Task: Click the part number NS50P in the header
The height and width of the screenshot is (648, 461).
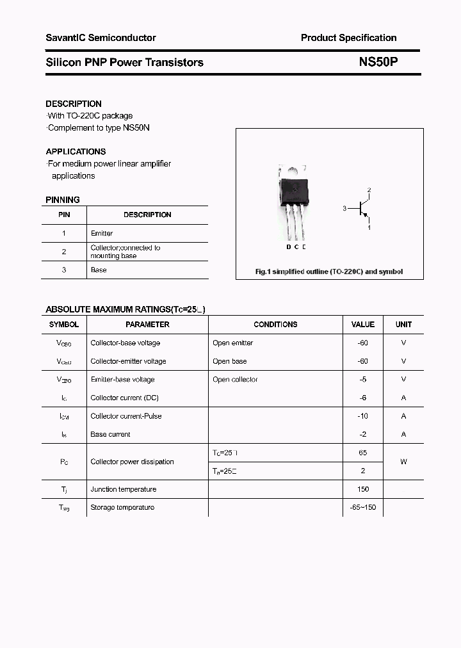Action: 378,62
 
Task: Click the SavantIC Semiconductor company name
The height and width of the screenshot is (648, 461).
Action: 101,38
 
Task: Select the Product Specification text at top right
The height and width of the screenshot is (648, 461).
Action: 348,38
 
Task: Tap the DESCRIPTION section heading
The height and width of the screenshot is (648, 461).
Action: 74,104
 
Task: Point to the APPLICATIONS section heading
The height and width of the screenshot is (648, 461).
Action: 76,152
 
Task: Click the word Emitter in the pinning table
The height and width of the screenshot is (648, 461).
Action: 102,234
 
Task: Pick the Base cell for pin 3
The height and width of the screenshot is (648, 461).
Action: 99,270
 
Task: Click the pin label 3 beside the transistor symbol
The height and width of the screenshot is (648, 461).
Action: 344,209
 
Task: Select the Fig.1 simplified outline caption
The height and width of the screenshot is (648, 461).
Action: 329,271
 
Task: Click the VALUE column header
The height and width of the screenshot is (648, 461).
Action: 363,325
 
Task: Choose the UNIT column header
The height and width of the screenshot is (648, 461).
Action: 403,325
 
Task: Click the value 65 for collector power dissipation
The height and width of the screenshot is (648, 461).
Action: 363,453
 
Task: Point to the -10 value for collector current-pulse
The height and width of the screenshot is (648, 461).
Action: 363,416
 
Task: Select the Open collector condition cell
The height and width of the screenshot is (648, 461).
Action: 235,380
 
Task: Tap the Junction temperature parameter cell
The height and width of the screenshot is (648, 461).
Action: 124,489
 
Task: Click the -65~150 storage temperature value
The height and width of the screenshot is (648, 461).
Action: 363,508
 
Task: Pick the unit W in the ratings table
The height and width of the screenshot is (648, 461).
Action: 403,462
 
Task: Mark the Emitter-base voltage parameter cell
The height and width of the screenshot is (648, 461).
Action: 123,380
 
